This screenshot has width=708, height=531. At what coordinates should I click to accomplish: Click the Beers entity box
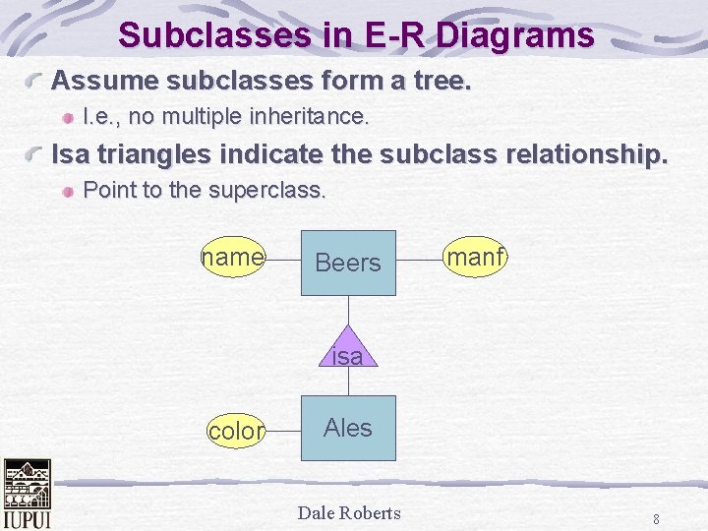(348, 263)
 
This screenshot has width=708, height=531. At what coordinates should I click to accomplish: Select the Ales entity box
(348, 428)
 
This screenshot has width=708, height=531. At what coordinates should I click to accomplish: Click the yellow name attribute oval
(233, 258)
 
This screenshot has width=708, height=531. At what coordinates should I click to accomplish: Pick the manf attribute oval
(475, 258)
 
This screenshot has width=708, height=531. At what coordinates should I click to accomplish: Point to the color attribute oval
(236, 431)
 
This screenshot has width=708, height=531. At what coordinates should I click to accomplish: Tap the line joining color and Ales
(283, 429)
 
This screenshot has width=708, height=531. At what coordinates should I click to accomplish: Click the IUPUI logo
(28, 495)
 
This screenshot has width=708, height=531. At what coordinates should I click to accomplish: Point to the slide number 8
(656, 519)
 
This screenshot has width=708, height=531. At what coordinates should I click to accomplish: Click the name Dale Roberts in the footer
(349, 512)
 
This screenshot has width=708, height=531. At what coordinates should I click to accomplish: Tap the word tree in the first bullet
(442, 80)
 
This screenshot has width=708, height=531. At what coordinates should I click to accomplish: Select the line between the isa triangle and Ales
(347, 383)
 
